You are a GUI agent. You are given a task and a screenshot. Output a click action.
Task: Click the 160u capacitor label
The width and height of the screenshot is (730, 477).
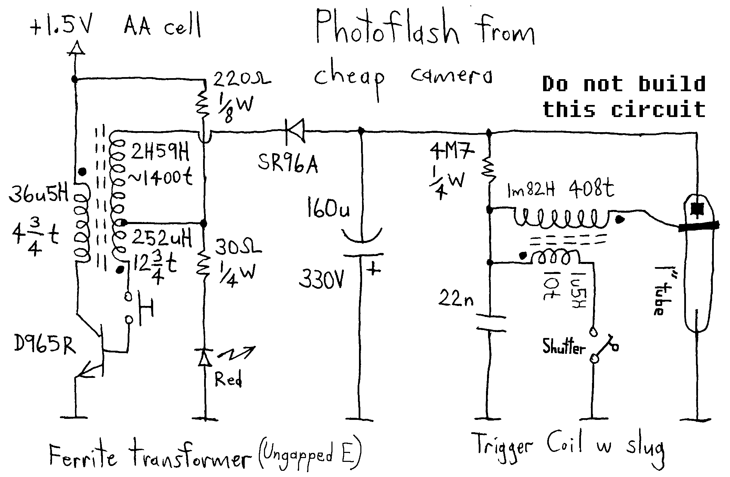[x=328, y=208]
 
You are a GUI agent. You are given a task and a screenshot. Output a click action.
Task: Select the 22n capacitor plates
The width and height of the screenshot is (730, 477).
[x=490, y=324]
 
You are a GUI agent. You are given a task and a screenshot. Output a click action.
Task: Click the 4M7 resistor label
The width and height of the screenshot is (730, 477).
[x=452, y=152]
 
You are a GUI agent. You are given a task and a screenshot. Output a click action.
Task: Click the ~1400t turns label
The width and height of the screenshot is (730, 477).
[x=160, y=178]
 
